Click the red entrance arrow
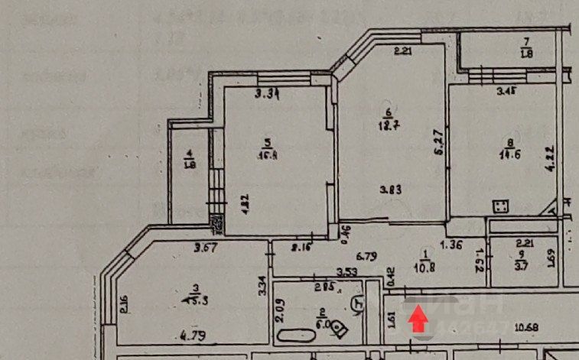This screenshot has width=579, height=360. pyautogui.click(x=418, y=318)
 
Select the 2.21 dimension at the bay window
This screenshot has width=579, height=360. pyautogui.click(x=403, y=53)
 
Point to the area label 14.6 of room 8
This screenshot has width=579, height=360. pyautogui.click(x=509, y=154)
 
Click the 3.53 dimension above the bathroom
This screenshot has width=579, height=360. pyautogui.click(x=350, y=271)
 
